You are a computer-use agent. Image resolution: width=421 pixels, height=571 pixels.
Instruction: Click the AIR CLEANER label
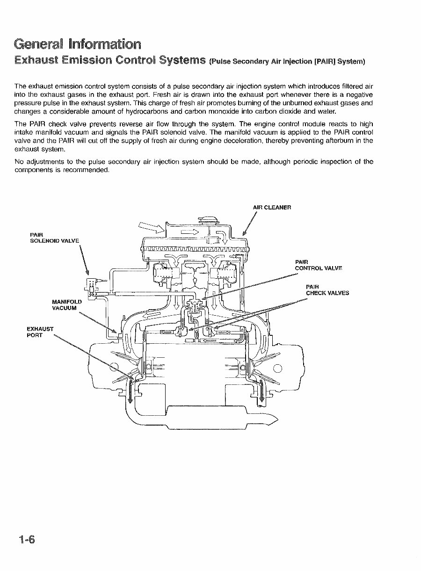coord(272,207)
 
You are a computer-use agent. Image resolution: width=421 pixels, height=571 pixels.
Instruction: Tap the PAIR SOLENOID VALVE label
coord(54,237)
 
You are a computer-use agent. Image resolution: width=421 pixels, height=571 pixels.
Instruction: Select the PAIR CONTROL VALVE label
coord(319,265)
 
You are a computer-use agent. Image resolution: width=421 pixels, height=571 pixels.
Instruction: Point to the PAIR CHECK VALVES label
coord(327,290)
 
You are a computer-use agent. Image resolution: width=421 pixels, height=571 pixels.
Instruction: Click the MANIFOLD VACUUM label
coord(66,305)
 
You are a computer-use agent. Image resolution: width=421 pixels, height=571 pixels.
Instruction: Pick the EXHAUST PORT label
coord(40,332)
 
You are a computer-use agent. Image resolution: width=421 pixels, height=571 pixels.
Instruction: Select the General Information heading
coord(77,44)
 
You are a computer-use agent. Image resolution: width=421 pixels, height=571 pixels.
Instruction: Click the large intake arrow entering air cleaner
coord(151,228)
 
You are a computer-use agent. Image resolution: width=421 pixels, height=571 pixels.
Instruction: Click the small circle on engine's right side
coord(278,368)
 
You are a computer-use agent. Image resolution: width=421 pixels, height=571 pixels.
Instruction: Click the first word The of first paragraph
coord(20,87)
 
